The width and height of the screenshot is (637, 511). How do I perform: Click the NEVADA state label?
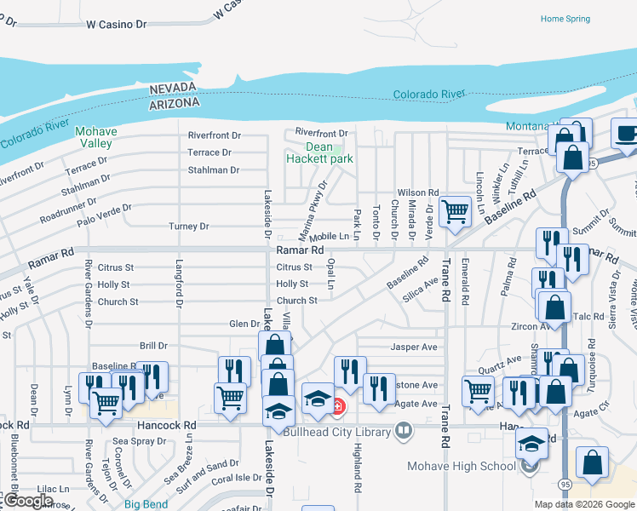(x=174, y=89)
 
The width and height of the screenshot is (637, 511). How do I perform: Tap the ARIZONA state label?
(x=175, y=102)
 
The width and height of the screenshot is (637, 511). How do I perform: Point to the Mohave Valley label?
(x=95, y=137)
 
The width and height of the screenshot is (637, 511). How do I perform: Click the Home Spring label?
(x=565, y=19)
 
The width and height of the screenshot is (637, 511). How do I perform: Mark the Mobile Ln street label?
(x=330, y=236)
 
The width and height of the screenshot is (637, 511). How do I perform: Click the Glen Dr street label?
(x=244, y=324)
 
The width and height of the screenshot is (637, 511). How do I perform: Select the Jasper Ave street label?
(x=413, y=347)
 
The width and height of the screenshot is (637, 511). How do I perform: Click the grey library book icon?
(x=404, y=432)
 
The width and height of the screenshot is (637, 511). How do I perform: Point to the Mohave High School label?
(x=461, y=466)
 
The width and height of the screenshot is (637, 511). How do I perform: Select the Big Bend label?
(x=146, y=504)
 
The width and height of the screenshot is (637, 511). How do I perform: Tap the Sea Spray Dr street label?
(x=141, y=441)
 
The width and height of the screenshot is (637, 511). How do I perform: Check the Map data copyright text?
(x=583, y=504)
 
